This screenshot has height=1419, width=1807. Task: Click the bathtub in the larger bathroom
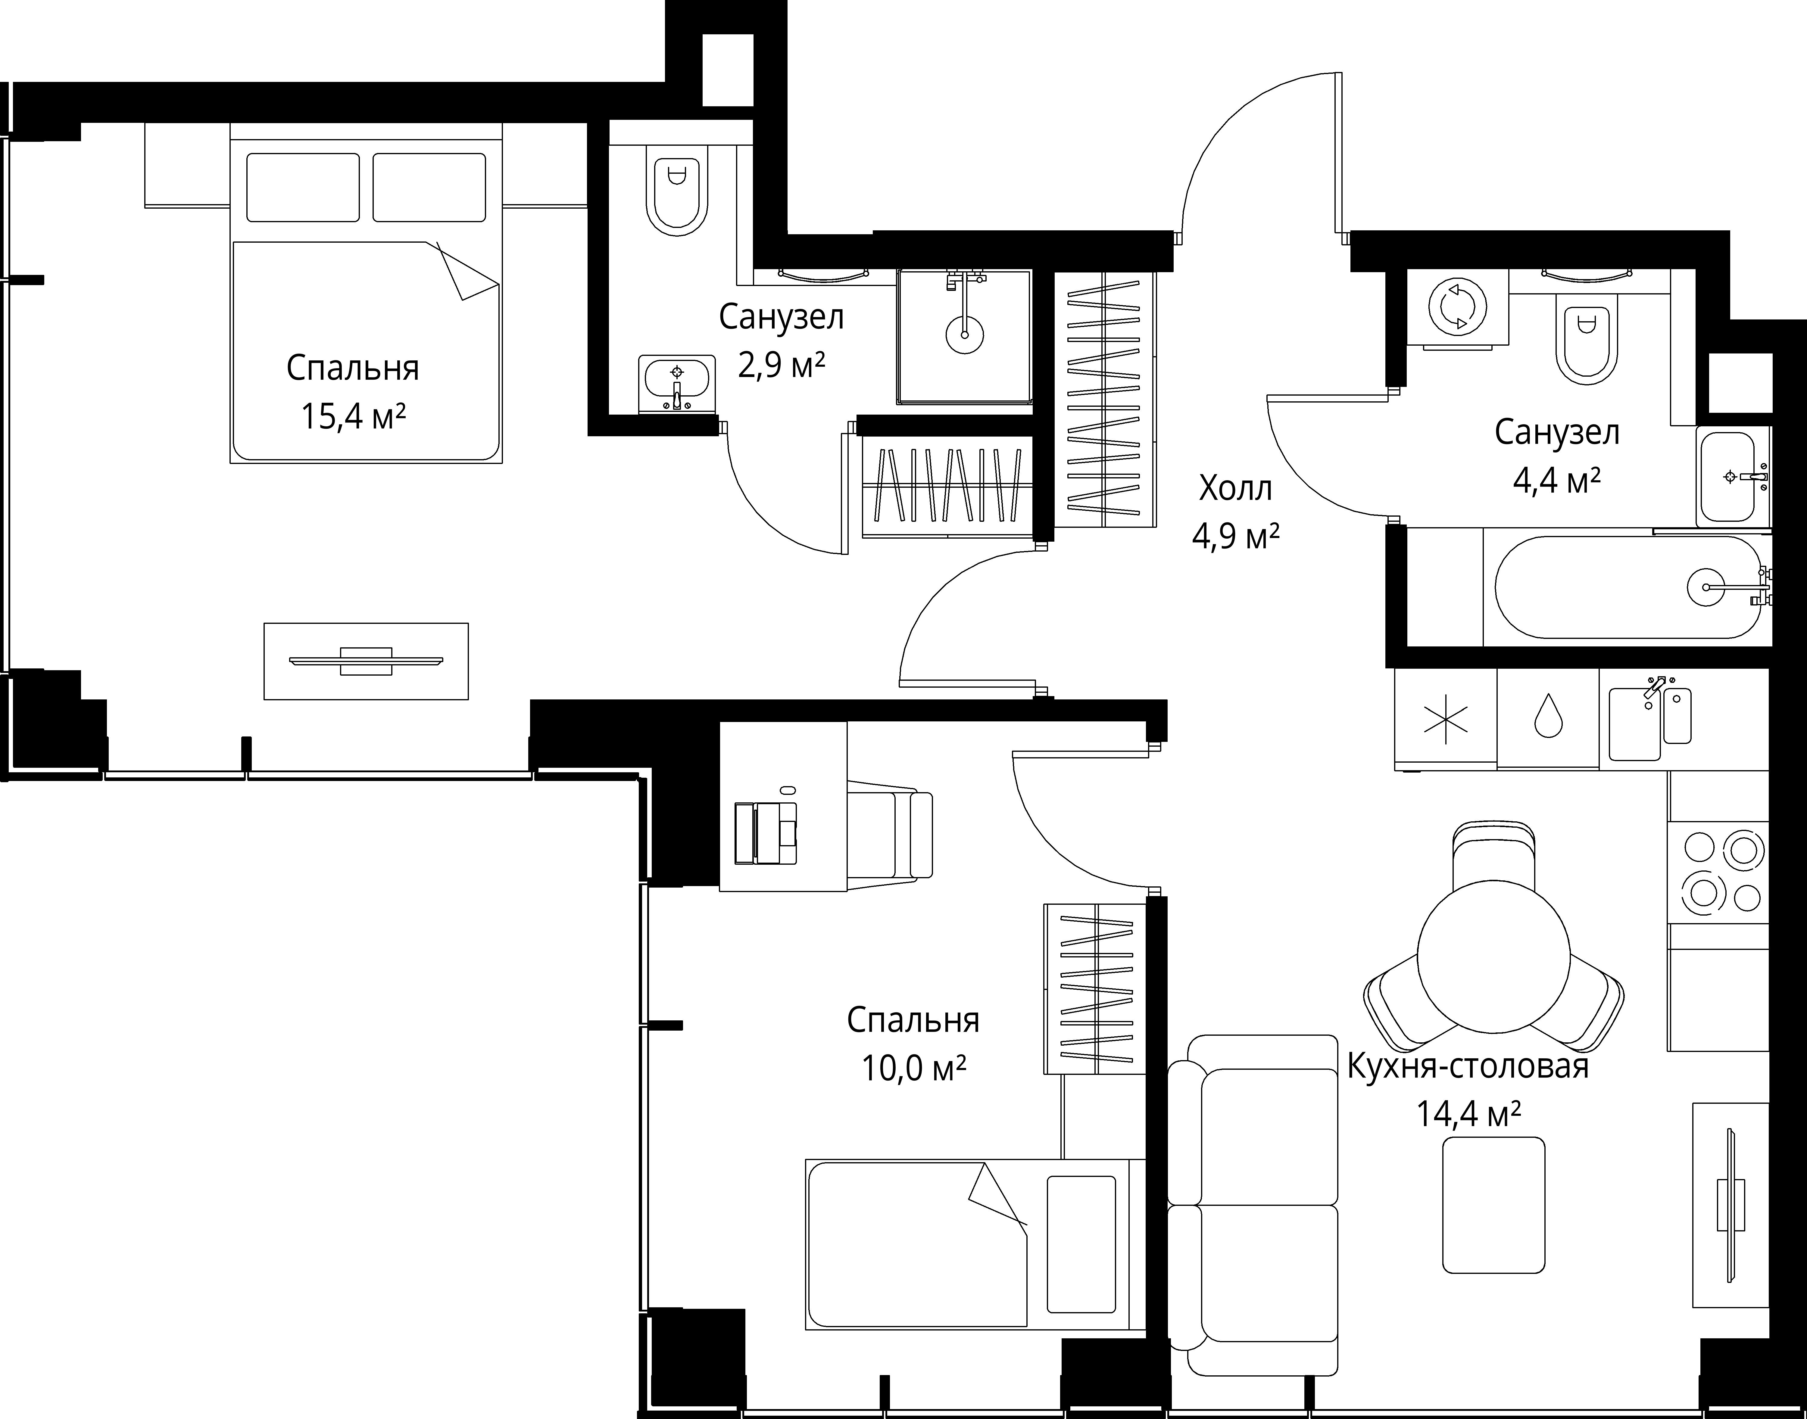tap(1627, 587)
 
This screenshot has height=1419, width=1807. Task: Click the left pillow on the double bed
tap(303, 187)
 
